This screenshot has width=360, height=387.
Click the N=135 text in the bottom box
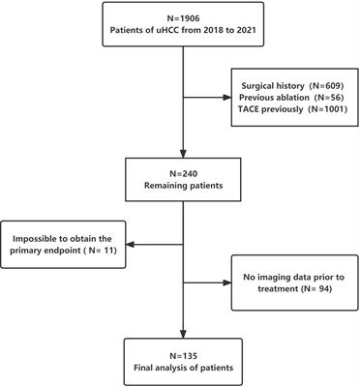click(180, 345)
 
